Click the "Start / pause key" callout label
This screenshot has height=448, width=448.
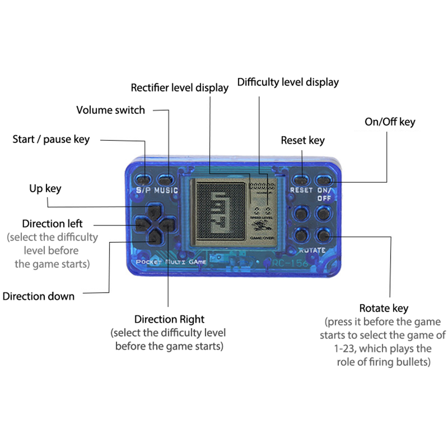tap(51, 139)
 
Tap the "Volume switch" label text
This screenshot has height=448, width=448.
tap(110, 110)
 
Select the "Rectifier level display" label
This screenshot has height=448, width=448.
tap(179, 88)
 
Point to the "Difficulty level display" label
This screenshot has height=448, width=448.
tap(288, 82)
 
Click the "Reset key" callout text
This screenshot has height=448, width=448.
tap(302, 140)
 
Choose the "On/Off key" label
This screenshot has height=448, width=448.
tap(390, 122)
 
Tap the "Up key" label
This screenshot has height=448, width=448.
tap(45, 189)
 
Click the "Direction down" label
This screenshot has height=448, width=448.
tap(38, 296)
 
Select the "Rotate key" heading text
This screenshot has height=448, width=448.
tap(384, 308)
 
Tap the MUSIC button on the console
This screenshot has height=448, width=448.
tap(165, 180)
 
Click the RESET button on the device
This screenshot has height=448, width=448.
tap(300, 180)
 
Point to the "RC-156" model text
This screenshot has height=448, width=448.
tap(290, 263)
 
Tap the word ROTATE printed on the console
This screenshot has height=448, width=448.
tap(312, 250)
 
